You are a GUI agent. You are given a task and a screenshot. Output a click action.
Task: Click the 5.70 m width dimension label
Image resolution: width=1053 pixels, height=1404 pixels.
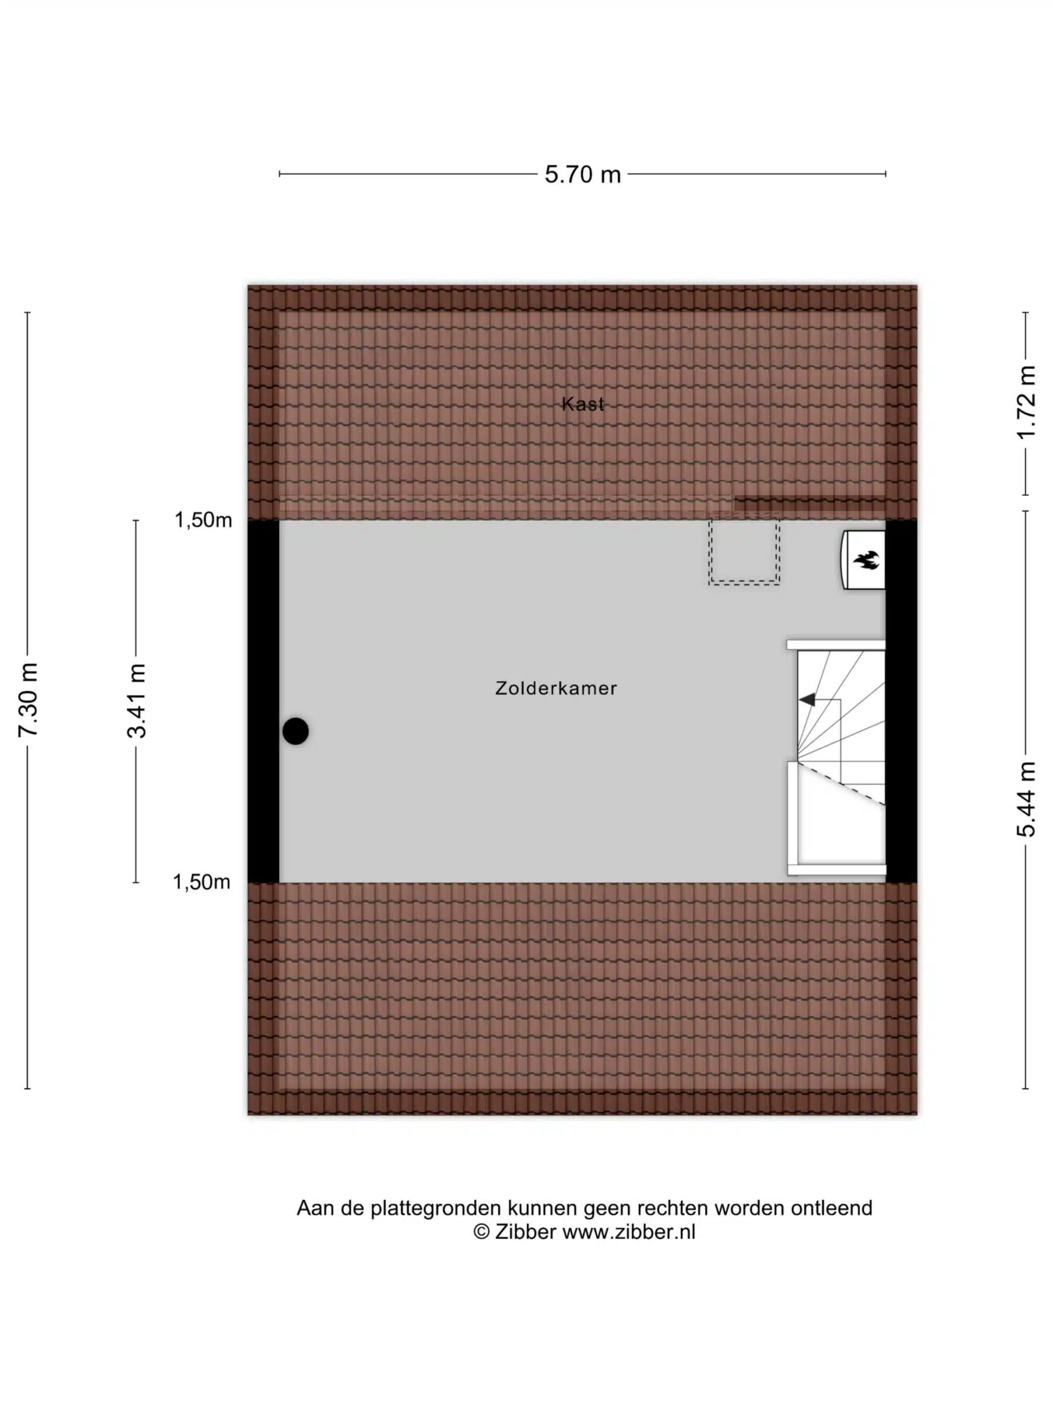pyautogui.click(x=582, y=174)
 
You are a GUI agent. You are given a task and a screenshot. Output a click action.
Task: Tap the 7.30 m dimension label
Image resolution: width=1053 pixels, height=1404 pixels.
pyautogui.click(x=29, y=699)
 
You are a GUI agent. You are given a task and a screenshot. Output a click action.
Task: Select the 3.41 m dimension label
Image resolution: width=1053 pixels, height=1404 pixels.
pyautogui.click(x=136, y=701)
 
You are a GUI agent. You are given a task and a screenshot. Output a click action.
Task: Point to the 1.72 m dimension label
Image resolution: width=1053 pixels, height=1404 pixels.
pyautogui.click(x=1026, y=402)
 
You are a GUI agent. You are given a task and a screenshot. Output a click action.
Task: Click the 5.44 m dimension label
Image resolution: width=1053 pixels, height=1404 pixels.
pyautogui.click(x=1026, y=800)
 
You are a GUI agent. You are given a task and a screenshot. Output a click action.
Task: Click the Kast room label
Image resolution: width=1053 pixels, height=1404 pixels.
pyautogui.click(x=583, y=404)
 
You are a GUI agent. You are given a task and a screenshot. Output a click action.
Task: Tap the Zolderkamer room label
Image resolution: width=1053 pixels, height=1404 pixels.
pyautogui.click(x=556, y=688)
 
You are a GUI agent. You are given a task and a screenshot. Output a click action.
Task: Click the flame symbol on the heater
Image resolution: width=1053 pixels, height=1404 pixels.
pyautogui.click(x=866, y=559)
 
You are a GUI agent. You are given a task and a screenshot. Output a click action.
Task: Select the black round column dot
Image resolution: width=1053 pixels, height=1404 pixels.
pyautogui.click(x=295, y=731)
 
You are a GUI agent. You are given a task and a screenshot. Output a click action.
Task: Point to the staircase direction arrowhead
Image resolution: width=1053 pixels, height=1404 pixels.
pyautogui.click(x=807, y=700)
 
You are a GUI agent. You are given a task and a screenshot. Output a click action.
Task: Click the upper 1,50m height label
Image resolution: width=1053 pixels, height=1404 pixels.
pyautogui.click(x=203, y=520)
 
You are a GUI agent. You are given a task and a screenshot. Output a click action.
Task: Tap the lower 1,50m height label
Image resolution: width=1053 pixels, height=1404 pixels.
pyautogui.click(x=202, y=882)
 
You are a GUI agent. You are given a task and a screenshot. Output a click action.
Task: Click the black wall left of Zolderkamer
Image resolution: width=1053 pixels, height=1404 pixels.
pyautogui.click(x=263, y=701)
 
